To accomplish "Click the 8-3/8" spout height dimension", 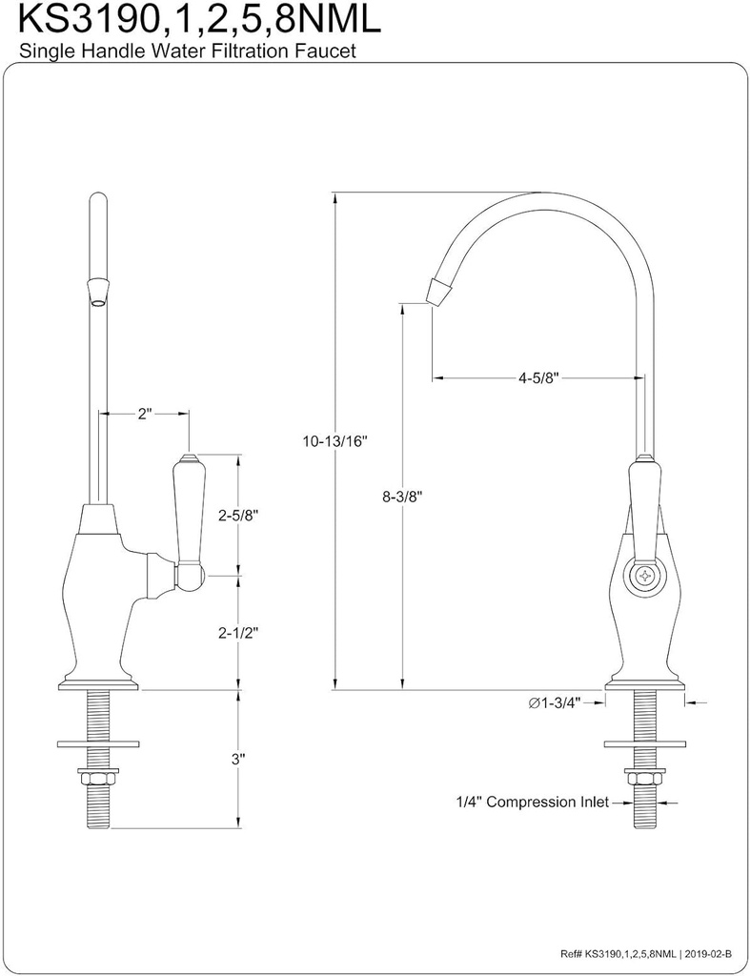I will coord(401,496).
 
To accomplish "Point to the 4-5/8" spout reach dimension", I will coord(537,377).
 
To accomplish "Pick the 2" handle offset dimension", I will coord(145,414).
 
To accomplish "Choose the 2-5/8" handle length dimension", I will coord(238,515).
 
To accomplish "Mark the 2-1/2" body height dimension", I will coord(238,632).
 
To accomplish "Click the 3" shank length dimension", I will coord(238,759).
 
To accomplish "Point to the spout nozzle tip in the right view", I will coord(438,291).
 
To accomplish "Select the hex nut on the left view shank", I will coord(98,777).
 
